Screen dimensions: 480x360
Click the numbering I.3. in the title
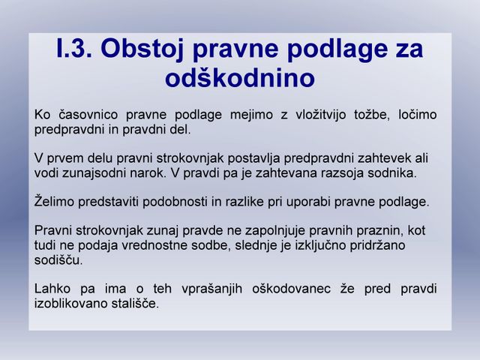point(74,48)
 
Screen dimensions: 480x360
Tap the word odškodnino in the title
point(240,78)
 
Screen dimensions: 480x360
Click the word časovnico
point(88,115)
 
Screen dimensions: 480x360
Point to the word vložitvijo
point(320,115)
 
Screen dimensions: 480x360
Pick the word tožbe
point(372,115)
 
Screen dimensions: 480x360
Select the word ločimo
point(417,115)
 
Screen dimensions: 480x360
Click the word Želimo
point(54,202)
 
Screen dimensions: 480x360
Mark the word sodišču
point(58,260)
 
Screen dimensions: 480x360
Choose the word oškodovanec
point(291,289)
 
